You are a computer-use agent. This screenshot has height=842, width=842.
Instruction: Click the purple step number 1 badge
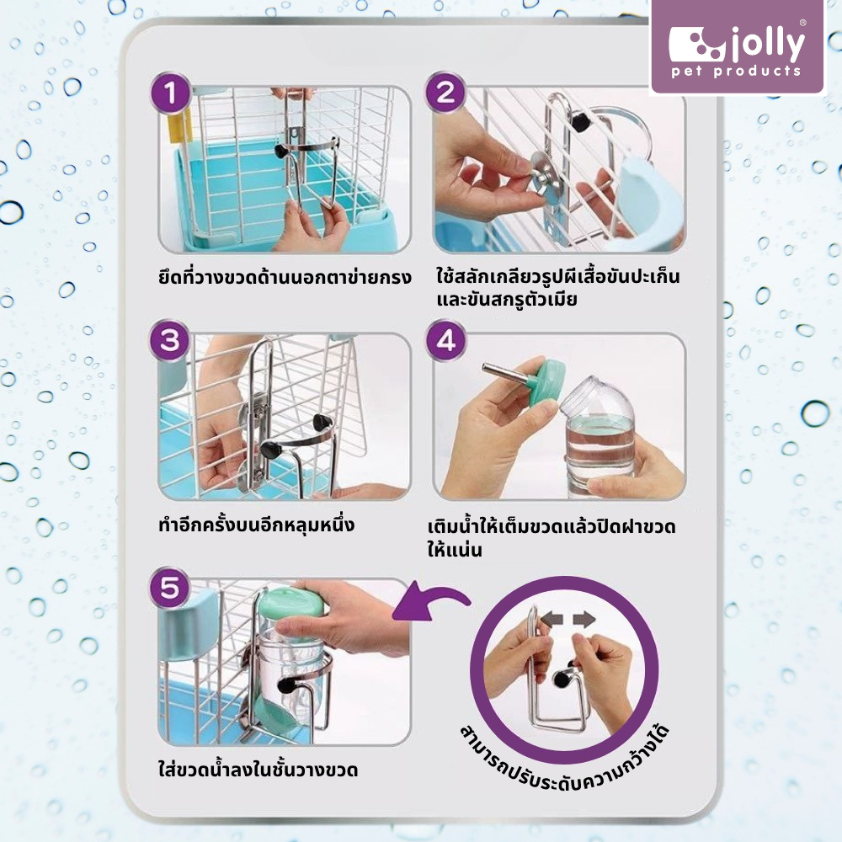click(171, 93)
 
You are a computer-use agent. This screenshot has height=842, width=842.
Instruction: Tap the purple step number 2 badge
click(445, 93)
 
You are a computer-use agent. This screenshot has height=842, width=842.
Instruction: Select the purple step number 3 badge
click(170, 340)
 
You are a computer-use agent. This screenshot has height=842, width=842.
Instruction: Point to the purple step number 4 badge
click(446, 340)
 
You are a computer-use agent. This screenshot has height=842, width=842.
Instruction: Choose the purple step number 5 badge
click(170, 588)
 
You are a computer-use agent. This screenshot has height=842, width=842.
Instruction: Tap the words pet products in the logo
click(736, 71)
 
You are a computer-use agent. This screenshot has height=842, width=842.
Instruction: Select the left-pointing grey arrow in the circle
click(552, 620)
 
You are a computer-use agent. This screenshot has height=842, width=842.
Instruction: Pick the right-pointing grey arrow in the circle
click(584, 620)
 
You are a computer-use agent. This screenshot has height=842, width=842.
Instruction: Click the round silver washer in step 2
click(543, 169)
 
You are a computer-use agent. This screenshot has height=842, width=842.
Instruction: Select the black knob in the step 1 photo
click(281, 151)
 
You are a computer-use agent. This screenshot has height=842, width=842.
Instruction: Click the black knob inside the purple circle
click(562, 679)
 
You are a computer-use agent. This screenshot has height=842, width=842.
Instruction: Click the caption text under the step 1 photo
click(285, 277)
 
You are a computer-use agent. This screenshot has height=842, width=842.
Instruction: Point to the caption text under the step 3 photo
click(257, 524)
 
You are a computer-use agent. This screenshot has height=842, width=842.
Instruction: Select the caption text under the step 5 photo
click(258, 769)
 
